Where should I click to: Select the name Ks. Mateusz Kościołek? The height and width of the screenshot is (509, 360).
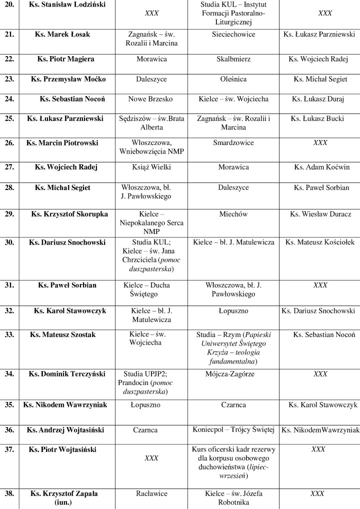point(320,242)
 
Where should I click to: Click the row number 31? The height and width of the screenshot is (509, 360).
point(9,285)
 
